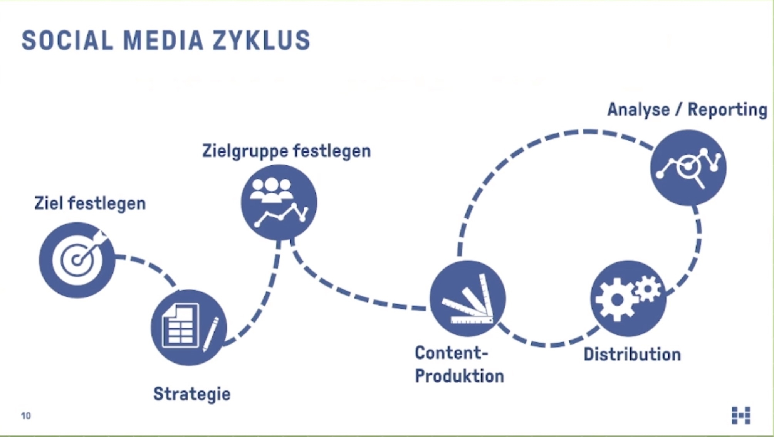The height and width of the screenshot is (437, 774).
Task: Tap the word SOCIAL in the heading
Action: (68, 40)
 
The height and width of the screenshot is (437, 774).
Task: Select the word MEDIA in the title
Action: (163, 40)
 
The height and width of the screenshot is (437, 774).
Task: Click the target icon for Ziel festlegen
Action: (77, 260)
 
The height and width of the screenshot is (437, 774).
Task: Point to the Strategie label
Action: (192, 394)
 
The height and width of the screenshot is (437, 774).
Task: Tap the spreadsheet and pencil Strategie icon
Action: (189, 328)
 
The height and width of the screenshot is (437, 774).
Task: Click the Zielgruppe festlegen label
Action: (287, 151)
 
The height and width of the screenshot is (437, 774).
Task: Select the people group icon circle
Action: (279, 203)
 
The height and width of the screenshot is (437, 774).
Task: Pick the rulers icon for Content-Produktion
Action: (468, 298)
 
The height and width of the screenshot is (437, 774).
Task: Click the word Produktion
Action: (459, 376)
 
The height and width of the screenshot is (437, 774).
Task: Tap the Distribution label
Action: (632, 355)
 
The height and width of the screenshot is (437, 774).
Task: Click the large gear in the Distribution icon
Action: (617, 299)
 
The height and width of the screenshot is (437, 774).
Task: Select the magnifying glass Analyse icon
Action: (688, 168)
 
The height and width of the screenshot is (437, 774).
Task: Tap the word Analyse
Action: (638, 110)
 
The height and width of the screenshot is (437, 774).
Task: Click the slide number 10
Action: (26, 416)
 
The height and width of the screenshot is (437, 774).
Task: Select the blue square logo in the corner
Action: (741, 415)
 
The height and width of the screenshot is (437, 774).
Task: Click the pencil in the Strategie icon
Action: (210, 334)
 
